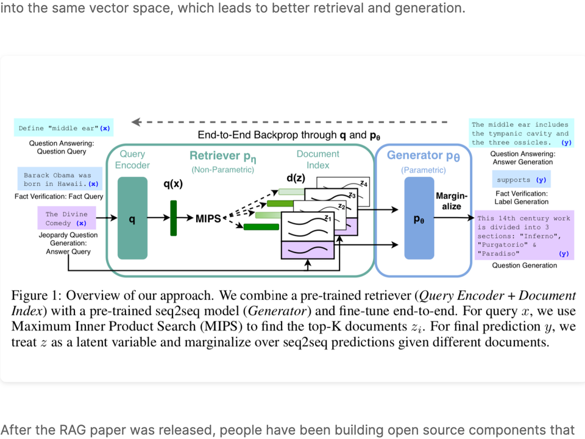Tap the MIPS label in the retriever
point(208,218)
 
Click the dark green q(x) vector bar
point(173,218)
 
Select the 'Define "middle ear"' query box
point(65,128)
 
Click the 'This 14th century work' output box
point(523,235)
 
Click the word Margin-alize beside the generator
point(452,201)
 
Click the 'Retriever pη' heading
point(222,157)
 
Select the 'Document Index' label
point(317,159)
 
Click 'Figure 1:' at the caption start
point(35,296)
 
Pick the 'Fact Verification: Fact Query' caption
point(59,196)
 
